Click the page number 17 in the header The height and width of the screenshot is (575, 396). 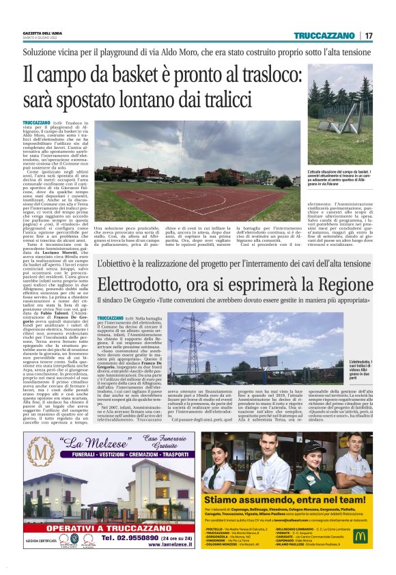pyautogui.click(x=369, y=36)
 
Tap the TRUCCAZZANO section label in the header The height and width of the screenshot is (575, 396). pyautogui.click(x=326, y=36)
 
